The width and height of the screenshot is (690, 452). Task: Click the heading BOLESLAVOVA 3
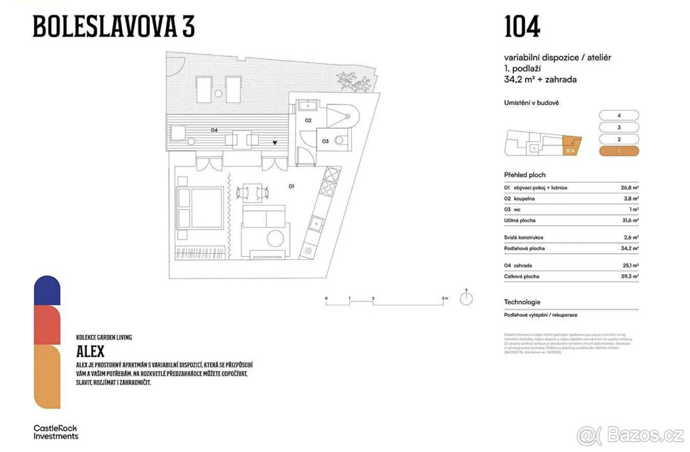pos(113,26)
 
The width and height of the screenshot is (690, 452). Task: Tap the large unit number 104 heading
pos(522,26)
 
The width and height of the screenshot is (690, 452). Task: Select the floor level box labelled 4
pos(619,115)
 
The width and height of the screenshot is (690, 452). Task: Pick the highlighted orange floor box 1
pos(619,151)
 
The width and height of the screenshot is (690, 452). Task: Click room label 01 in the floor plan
pos(291,186)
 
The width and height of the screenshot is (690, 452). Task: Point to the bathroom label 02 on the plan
pos(308,120)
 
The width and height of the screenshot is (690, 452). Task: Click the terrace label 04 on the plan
pos(214,131)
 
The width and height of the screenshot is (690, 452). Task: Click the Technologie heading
pos(522,302)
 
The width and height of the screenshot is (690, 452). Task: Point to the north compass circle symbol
pos(467,299)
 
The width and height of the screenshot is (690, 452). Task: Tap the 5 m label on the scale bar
pos(444,298)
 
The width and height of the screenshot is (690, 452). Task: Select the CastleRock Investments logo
pos(55,432)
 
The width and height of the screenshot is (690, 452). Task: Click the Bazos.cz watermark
pos(631,435)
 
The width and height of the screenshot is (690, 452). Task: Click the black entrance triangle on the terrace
pos(275,143)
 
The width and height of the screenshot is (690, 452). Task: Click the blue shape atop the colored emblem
pos(47,290)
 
